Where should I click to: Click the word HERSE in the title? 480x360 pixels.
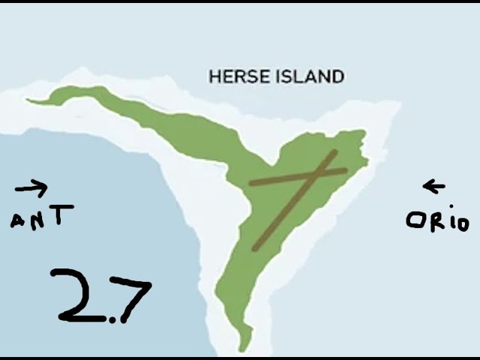click(234, 76)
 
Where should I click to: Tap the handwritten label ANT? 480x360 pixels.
click(42, 217)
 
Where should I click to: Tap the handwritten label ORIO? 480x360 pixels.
click(437, 221)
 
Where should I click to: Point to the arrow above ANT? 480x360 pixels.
click(31, 187)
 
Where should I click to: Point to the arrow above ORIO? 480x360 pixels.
click(433, 186)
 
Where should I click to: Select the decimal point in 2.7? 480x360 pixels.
click(111, 319)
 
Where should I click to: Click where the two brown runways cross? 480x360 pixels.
click(316, 175)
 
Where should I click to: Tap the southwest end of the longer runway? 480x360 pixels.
click(255, 248)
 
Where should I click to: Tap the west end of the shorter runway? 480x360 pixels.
click(251, 182)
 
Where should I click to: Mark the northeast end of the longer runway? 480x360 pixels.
click(334, 152)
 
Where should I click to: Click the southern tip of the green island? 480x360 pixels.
click(241, 349)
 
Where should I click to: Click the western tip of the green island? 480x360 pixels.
click(28, 100)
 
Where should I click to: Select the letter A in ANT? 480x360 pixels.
click(19, 220)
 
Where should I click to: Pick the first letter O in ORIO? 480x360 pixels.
click(413, 220)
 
